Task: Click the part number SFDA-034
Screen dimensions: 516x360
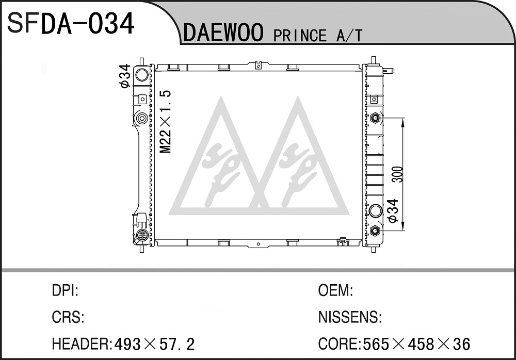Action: [x=71, y=23]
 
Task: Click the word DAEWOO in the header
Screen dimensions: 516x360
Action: [x=223, y=32]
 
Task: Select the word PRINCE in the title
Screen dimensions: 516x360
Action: [x=300, y=36]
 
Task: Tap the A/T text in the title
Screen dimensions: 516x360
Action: [x=349, y=36]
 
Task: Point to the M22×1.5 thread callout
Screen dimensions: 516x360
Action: [x=166, y=121]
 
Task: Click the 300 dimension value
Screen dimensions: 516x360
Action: [x=398, y=174]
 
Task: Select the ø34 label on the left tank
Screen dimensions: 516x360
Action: [x=125, y=76]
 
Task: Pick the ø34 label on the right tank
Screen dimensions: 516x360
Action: [x=393, y=211]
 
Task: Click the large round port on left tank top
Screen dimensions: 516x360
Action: [x=142, y=75]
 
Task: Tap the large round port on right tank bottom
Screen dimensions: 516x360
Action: [x=376, y=211]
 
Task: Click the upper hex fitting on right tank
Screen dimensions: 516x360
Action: [x=375, y=118]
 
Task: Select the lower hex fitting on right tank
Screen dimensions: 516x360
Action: [x=375, y=231]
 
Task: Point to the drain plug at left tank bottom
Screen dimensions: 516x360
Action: [x=142, y=235]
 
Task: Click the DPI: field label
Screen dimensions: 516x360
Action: [x=65, y=290]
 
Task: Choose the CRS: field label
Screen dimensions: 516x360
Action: [x=68, y=317]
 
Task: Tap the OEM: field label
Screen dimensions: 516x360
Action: [x=336, y=290]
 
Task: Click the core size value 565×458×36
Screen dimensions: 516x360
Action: [x=416, y=344]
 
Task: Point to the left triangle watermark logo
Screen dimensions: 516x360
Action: [x=220, y=158]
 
